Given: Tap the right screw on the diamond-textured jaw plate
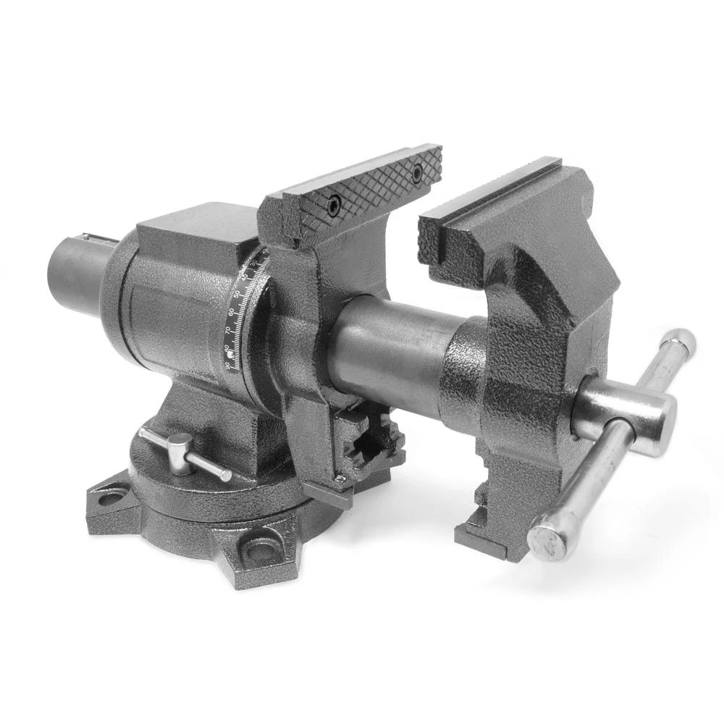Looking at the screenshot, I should [416, 172].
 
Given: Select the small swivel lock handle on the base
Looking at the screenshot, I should [185, 452].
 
